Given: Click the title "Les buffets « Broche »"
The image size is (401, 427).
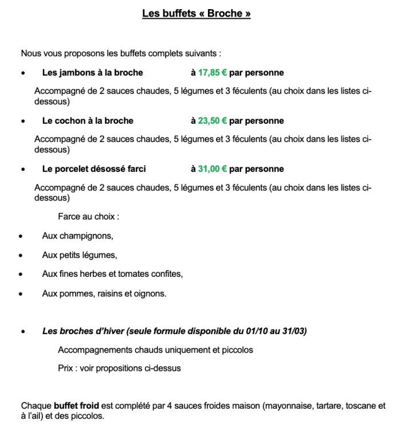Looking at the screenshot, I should (196, 13).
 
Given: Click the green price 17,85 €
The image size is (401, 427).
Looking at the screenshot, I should (213, 73).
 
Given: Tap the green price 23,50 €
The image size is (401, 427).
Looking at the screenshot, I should (213, 121).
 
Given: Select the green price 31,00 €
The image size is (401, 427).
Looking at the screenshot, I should (213, 169).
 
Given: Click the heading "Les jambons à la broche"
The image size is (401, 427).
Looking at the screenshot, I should (92, 73).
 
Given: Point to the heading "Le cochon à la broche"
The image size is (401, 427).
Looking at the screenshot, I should (88, 121).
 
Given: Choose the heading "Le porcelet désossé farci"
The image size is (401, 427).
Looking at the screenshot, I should (94, 169).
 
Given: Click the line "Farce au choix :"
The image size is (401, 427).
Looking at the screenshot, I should (88, 217).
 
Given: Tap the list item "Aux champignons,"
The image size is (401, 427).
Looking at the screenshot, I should (77, 236).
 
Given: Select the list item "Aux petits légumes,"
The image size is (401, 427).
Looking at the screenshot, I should (79, 255).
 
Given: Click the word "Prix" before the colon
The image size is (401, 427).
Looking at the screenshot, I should (66, 368).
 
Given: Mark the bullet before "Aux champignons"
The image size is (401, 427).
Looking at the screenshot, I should (21, 236).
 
